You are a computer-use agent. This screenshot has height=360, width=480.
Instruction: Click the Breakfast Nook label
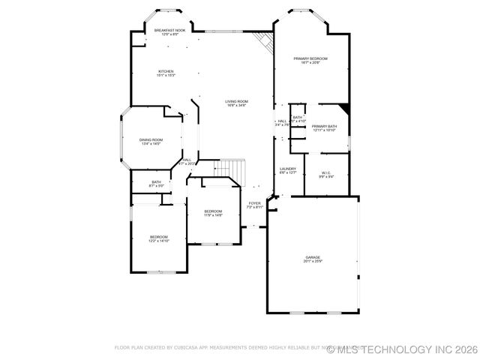(x=170, y=31)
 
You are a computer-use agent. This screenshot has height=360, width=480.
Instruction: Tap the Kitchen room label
(x=166, y=71)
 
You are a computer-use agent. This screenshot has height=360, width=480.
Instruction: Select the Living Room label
(x=237, y=101)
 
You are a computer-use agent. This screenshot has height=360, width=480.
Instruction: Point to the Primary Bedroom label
(x=310, y=58)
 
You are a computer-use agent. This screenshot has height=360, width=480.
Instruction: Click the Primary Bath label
(x=325, y=126)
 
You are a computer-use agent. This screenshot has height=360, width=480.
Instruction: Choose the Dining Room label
(x=151, y=139)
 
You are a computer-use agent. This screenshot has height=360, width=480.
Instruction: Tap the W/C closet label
(x=326, y=172)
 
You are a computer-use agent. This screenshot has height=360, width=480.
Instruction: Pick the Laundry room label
(x=288, y=169)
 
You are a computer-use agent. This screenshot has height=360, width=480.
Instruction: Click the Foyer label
(x=255, y=203)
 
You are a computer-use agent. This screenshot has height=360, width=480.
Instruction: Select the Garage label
(x=313, y=257)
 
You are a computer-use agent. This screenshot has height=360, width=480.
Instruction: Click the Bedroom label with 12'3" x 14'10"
(x=159, y=237)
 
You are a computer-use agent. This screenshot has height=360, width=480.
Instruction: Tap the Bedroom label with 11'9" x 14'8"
(x=213, y=211)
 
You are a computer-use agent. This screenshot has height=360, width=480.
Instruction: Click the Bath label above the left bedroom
(x=156, y=181)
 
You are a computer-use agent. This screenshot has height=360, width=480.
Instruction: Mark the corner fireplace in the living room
(x=263, y=42)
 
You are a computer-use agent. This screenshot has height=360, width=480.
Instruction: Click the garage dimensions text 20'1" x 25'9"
(x=313, y=262)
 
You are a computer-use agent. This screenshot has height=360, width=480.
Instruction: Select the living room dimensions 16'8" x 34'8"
(x=237, y=106)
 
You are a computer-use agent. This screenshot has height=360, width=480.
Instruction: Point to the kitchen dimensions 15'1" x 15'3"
(x=166, y=76)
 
